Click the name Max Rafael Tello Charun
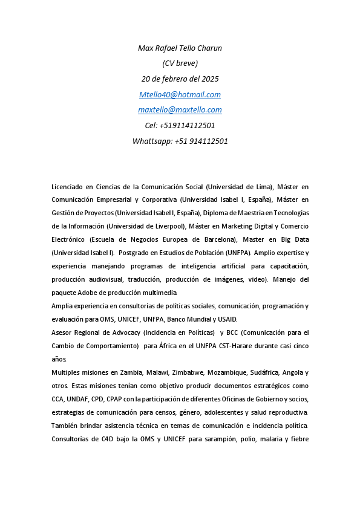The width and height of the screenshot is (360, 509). click(180, 48)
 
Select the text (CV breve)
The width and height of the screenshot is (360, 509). click(180, 63)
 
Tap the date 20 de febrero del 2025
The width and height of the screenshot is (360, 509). click(180, 79)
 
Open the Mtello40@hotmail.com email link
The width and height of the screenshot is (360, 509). click(180, 94)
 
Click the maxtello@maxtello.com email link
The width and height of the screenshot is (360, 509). click(180, 110)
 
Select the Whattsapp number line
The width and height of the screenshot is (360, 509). click(180, 141)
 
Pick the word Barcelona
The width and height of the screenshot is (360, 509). click(217, 239)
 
